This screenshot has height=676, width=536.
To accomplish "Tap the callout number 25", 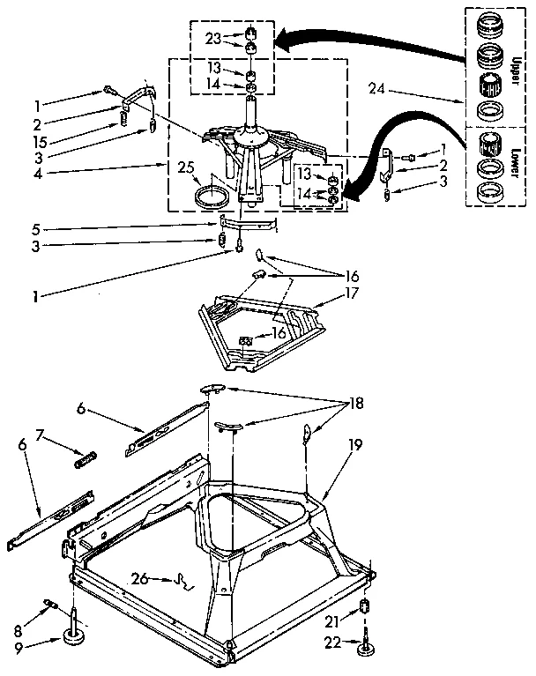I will click(186, 167).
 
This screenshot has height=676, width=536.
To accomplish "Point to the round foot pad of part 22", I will click(364, 650).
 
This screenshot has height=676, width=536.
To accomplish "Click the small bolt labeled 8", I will click(52, 605).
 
